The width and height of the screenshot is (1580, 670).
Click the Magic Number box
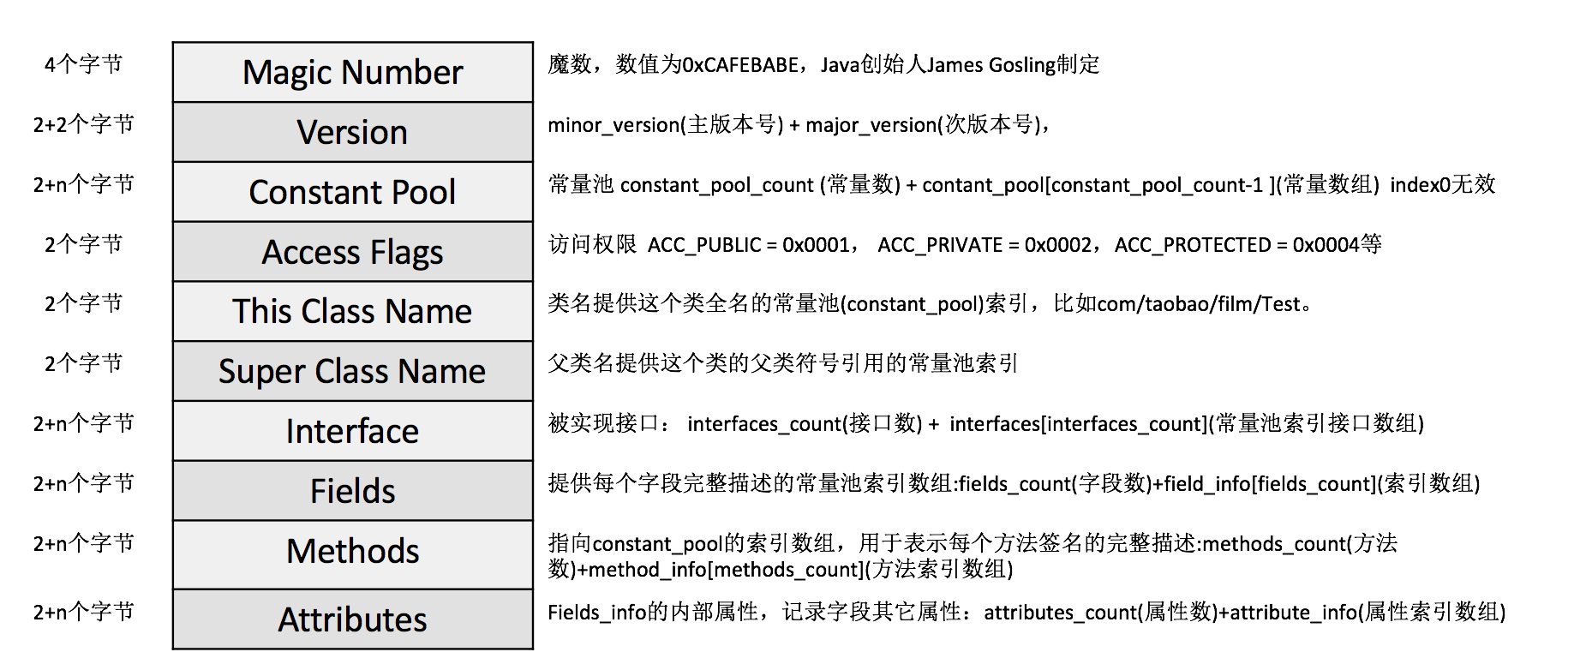click(352, 73)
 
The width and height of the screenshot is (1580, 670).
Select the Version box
click(352, 133)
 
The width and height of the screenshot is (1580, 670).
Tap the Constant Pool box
click(352, 193)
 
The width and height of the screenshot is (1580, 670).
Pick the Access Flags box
click(352, 253)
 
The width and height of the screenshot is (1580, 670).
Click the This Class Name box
click(352, 312)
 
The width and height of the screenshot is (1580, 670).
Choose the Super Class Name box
click(352, 372)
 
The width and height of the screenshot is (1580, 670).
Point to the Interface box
click(352, 432)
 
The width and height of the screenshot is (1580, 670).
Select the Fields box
click(352, 492)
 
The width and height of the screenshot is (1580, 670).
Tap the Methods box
click(352, 552)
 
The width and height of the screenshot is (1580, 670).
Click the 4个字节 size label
click(83, 65)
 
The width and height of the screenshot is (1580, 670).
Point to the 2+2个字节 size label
click(83, 125)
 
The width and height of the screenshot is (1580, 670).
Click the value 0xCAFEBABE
click(740, 65)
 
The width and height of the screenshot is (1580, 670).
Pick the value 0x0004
click(1326, 245)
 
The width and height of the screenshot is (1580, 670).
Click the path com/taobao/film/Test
click(1200, 304)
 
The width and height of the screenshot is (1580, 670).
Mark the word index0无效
click(1442, 185)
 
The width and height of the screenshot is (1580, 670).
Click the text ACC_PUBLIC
click(703, 245)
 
